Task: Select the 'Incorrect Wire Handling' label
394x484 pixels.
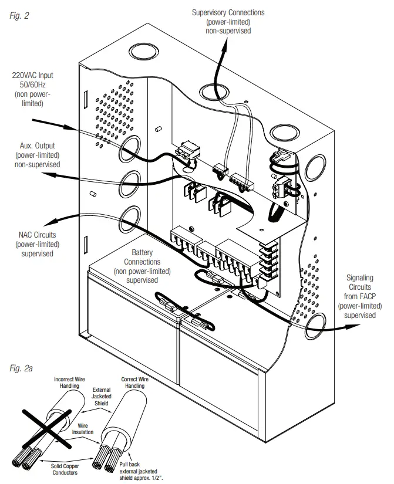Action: click(x=73, y=383)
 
